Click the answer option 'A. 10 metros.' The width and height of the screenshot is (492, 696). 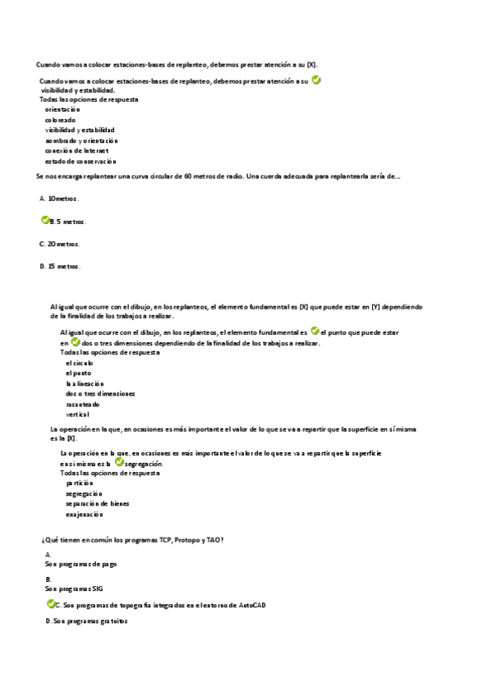pos(59,199)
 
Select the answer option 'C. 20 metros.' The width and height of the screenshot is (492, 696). pos(60,244)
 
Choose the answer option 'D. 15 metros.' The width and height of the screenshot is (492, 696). pos(60,266)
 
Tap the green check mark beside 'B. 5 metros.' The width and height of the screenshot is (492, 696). pos(45,221)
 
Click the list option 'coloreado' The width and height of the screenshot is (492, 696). pos(60,120)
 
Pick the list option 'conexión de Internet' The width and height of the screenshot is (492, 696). pos(77,151)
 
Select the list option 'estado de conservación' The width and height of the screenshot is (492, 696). pos(80,162)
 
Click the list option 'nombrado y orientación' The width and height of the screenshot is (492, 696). pos(82,140)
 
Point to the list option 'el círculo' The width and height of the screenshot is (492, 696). pos(80,362)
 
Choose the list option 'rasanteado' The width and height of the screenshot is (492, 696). pos(83,404)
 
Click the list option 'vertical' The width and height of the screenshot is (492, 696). pos(77,414)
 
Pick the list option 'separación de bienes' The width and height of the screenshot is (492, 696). pos(97,504)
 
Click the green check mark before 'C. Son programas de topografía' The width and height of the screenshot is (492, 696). pos(51,604)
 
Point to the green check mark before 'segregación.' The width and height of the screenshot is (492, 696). pos(119,462)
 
